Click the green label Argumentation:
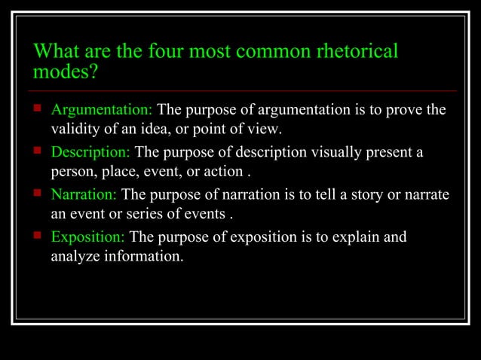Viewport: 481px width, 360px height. point(101,110)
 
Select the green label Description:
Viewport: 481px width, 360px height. point(90,152)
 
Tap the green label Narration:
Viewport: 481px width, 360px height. point(84,194)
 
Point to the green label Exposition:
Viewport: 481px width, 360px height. point(87,237)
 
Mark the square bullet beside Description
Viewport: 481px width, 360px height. point(38,151)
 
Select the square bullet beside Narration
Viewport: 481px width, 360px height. point(38,193)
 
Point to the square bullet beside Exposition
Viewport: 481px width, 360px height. point(38,236)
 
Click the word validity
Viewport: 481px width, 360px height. point(74,129)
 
